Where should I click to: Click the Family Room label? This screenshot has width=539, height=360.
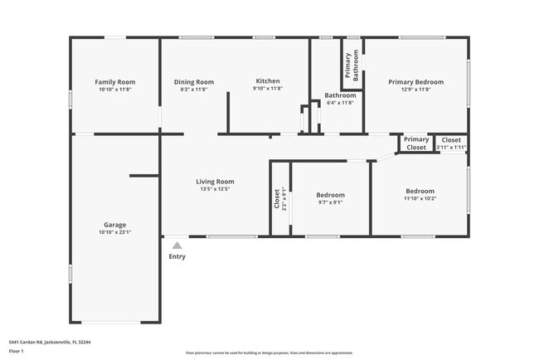tap(114, 82)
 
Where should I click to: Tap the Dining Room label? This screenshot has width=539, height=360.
tap(194, 82)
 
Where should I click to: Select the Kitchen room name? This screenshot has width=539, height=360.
tap(268, 81)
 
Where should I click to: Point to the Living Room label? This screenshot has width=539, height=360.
tap(215, 182)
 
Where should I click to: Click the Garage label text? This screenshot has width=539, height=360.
tap(114, 225)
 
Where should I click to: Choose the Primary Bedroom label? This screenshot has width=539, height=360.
tap(416, 82)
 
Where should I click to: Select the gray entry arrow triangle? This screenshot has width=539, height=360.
tap(177, 245)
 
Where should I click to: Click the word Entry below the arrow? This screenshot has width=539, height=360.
tap(177, 256)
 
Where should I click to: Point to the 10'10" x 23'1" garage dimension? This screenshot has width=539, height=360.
tap(114, 232)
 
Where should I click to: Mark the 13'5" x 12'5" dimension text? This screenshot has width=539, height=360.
tap(215, 189)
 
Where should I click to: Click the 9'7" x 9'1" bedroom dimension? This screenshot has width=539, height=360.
tap(331, 202)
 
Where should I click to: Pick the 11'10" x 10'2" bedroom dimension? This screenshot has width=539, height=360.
tap(420, 198)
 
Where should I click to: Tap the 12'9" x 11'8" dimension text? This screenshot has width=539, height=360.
tap(416, 90)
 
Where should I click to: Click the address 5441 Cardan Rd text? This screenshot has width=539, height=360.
tap(50, 341)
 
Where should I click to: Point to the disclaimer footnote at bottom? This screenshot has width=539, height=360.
tap(269, 353)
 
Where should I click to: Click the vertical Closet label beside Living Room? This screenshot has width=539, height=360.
tap(277, 198)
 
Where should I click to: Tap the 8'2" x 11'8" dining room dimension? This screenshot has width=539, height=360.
tap(194, 89)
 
